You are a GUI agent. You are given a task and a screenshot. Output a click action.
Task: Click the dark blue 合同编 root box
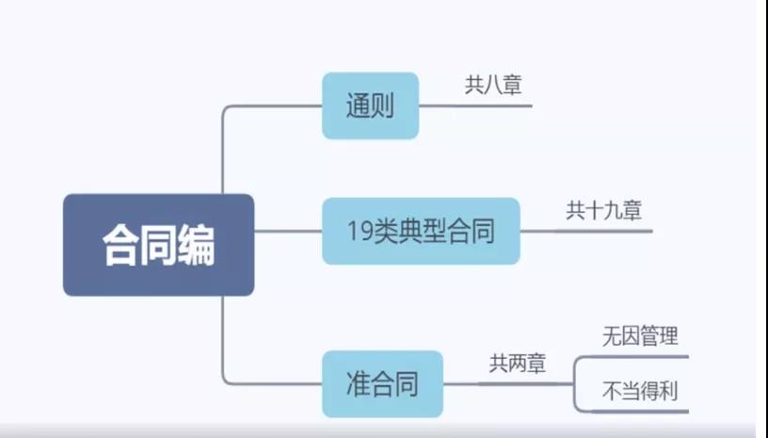(158, 245)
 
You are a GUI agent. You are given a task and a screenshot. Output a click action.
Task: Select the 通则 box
(369, 105)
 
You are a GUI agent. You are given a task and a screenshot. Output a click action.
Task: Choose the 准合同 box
(382, 383)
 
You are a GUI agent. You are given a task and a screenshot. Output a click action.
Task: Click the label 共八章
(493, 86)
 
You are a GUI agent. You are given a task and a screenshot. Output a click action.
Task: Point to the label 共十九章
(603, 210)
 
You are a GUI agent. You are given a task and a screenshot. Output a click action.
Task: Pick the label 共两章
(517, 363)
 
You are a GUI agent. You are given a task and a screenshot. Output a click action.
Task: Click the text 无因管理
(640, 335)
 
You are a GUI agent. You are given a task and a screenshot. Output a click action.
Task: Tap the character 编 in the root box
(196, 246)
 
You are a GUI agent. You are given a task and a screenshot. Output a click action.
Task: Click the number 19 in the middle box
(356, 231)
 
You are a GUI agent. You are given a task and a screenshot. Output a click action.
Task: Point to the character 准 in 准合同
(358, 384)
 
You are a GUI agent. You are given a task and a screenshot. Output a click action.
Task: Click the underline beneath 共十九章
(603, 231)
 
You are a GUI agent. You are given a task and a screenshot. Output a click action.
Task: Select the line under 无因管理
(640, 356)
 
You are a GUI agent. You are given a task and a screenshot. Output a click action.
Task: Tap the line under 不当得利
(640, 412)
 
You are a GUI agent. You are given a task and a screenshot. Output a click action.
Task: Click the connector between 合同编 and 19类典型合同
(288, 231)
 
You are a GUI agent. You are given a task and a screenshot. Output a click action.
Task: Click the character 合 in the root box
(120, 246)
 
